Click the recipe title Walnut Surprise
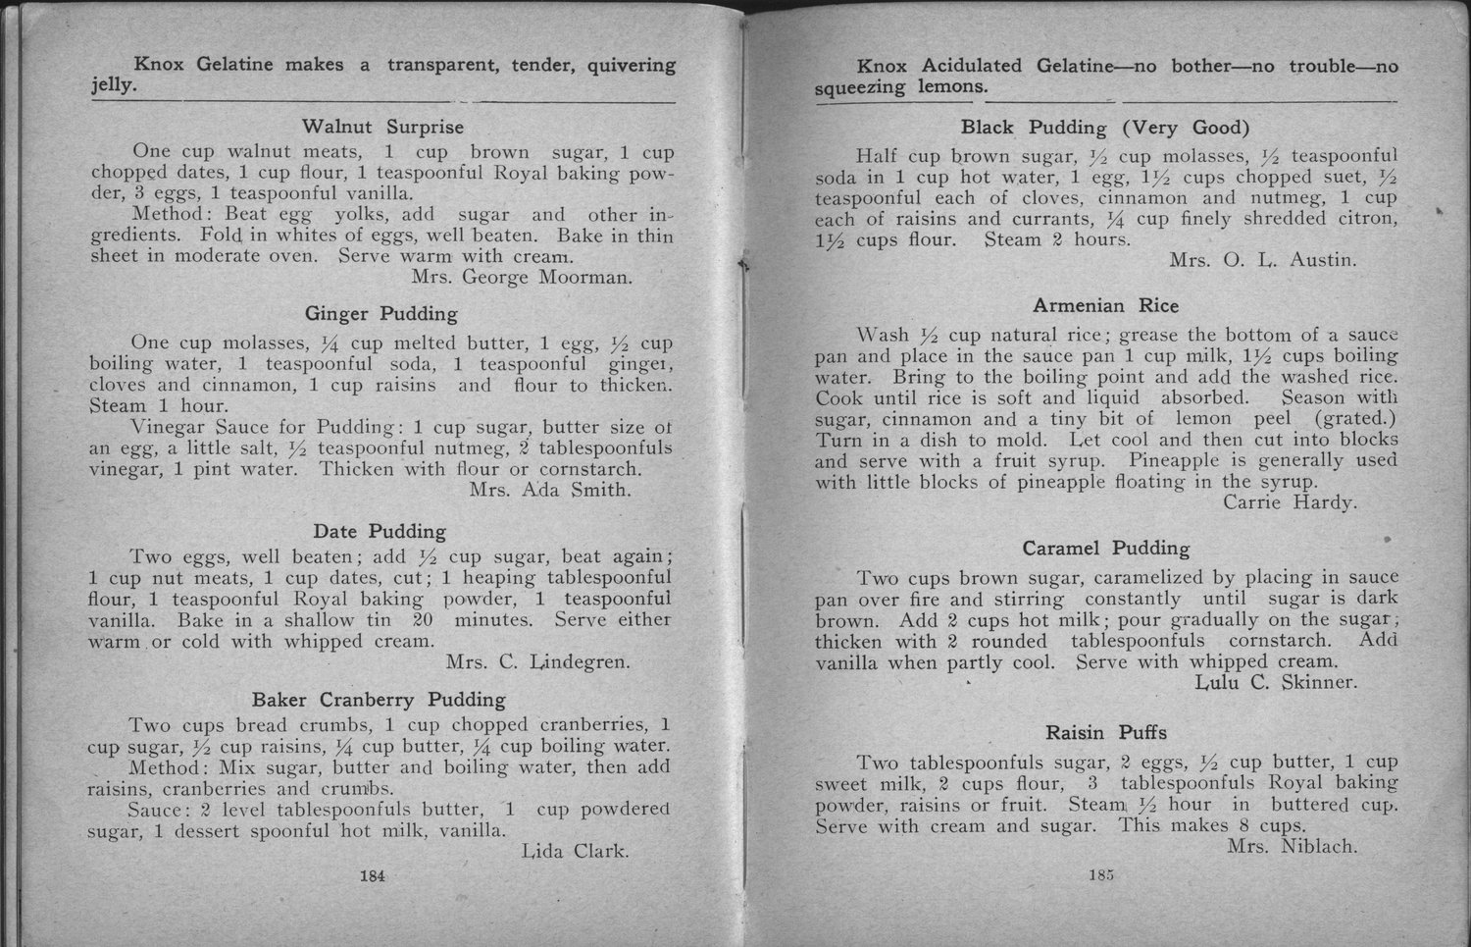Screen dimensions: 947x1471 pyautogui.click(x=382, y=127)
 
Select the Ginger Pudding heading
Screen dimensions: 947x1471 pyautogui.click(x=381, y=314)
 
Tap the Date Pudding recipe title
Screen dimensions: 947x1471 pyautogui.click(x=380, y=532)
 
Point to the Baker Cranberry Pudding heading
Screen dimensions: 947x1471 pyautogui.click(x=379, y=700)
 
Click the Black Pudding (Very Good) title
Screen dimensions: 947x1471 pyautogui.click(x=1105, y=128)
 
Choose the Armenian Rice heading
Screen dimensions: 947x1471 pyautogui.click(x=1105, y=305)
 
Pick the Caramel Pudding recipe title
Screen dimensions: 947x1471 pyautogui.click(x=1106, y=548)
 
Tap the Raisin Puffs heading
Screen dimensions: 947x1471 pyautogui.click(x=1105, y=733)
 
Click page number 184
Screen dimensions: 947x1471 pyautogui.click(x=372, y=876)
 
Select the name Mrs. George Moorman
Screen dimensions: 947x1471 pyautogui.click(x=522, y=277)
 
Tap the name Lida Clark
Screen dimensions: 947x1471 pyautogui.click(x=571, y=850)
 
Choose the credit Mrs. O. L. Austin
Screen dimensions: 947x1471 pyautogui.click(x=1263, y=260)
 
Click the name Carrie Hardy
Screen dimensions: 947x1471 pyautogui.click(x=1291, y=502)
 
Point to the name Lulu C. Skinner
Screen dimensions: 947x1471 pyautogui.click(x=1277, y=682)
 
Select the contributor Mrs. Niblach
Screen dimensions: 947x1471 pyautogui.click(x=1292, y=847)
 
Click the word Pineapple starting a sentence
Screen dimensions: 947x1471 pyautogui.click(x=1174, y=460)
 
